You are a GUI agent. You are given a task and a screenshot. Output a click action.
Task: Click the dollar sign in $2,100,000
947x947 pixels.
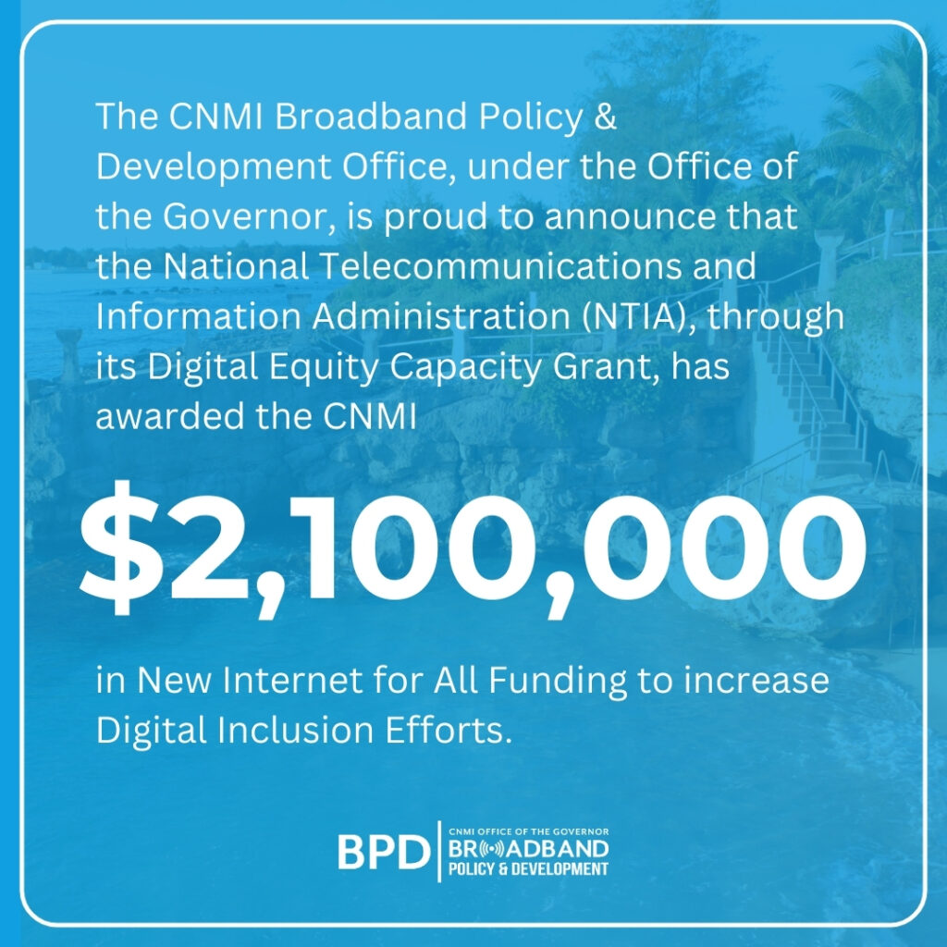click(x=121, y=547)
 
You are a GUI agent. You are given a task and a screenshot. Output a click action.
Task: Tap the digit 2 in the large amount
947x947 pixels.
click(x=206, y=547)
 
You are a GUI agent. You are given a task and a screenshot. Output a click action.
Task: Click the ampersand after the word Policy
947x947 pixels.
click(x=605, y=116)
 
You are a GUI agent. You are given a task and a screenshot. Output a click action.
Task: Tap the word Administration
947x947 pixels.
click(x=441, y=316)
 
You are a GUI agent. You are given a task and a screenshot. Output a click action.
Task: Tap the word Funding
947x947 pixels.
click(x=558, y=682)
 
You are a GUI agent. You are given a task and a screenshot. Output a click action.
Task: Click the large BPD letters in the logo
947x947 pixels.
click(x=384, y=852)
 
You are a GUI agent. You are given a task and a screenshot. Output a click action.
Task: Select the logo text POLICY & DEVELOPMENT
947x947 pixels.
click(x=528, y=869)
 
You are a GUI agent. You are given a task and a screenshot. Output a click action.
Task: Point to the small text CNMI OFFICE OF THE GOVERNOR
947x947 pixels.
click(x=528, y=831)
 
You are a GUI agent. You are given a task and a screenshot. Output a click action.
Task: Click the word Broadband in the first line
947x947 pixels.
click(x=371, y=116)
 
